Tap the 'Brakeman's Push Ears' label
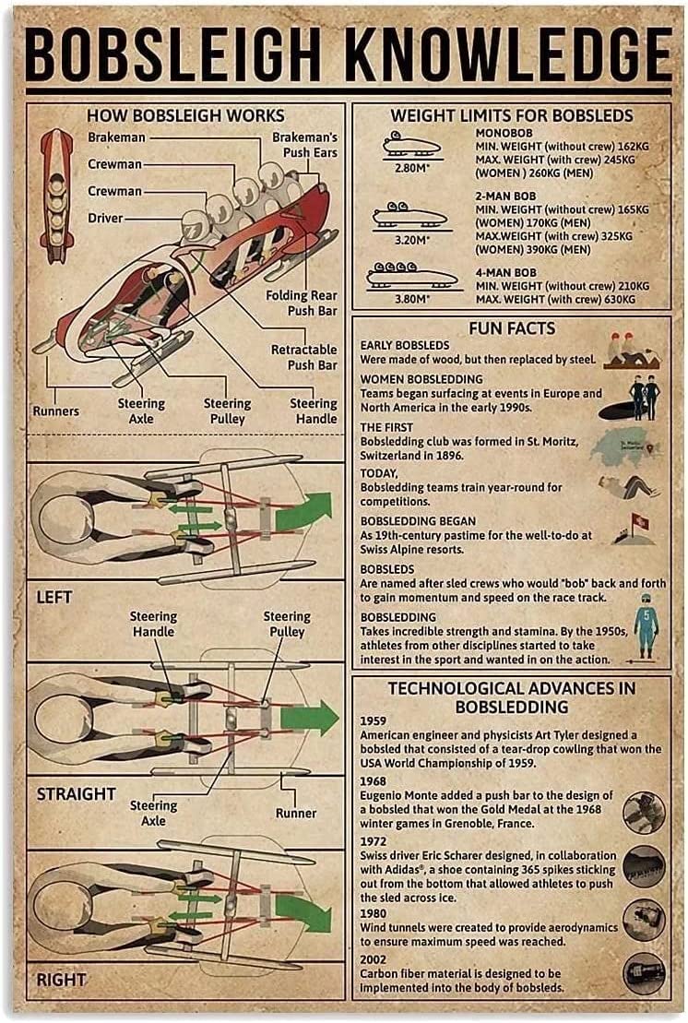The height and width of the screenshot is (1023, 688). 305,145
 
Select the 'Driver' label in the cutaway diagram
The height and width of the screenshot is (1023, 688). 105,218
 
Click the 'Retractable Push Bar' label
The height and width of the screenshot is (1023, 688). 304,357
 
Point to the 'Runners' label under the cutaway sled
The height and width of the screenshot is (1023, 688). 56,411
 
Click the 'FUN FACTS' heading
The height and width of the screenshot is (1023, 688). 512,327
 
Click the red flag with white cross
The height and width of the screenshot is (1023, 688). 639,521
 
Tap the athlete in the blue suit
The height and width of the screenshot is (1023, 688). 646,627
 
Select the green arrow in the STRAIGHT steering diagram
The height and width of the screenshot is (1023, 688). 309,718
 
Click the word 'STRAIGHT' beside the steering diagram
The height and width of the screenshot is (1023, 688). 76,794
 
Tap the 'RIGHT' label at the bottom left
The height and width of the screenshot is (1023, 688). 61,980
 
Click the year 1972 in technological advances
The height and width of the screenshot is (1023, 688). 373,841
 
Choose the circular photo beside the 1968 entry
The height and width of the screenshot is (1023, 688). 644,813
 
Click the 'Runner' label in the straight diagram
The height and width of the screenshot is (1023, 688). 295,813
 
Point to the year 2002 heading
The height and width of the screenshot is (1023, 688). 373,959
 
